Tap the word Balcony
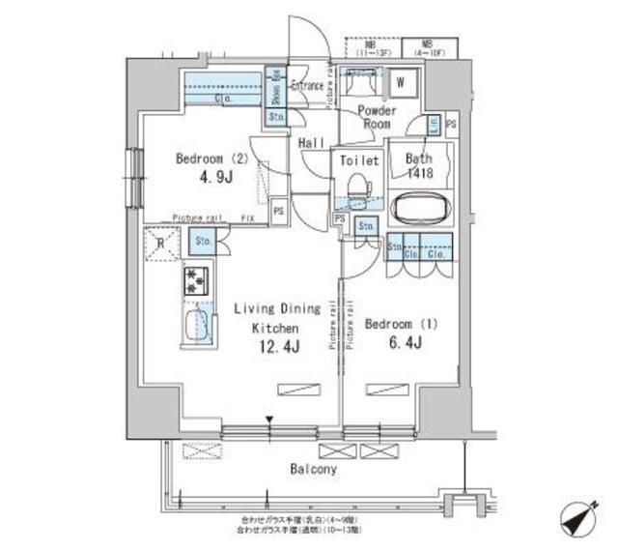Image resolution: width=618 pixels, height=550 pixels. [314, 470]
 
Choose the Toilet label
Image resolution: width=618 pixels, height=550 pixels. [359, 161]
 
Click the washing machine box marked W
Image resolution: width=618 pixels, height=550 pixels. [399, 83]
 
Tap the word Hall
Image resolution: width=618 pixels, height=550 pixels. [311, 142]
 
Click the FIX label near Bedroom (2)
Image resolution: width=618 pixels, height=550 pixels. [249, 218]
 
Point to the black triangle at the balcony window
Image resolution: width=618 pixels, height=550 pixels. [271, 420]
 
